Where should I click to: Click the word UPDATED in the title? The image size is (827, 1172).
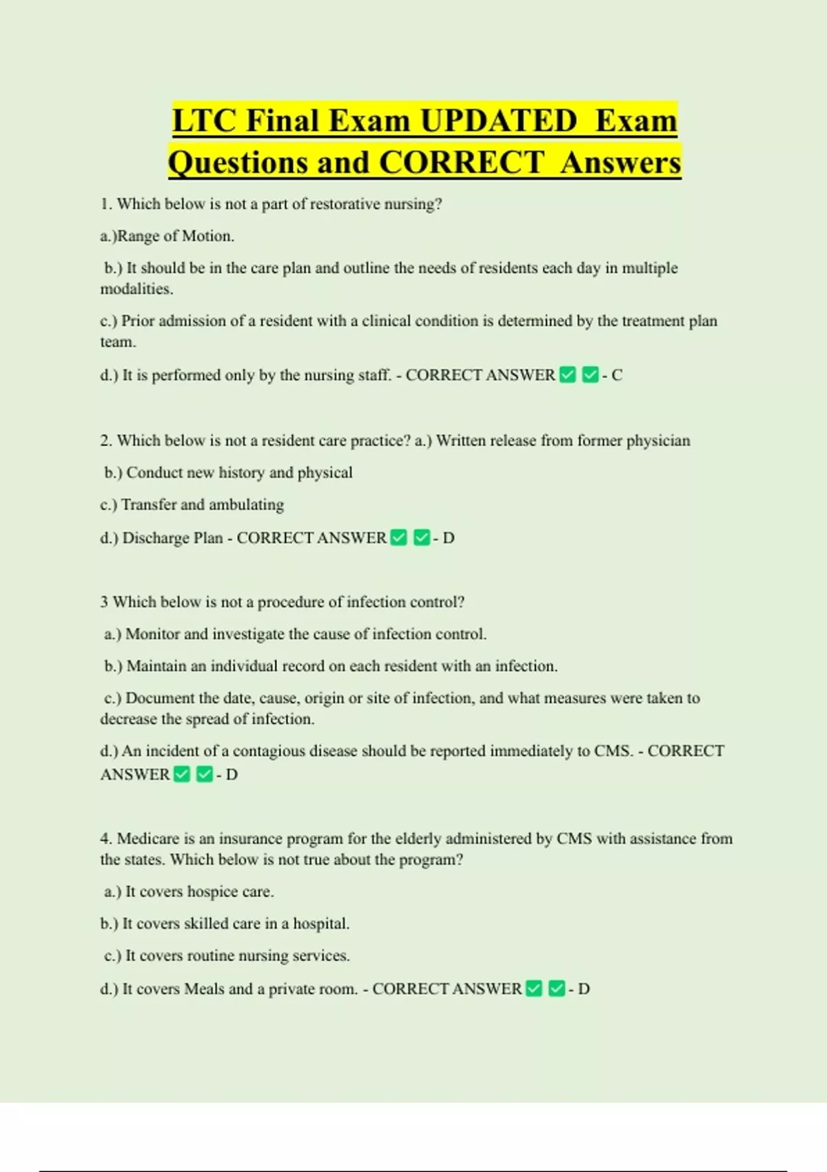498,121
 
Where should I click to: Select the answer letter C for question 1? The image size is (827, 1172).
617,375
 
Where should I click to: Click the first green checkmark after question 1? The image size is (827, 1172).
568,375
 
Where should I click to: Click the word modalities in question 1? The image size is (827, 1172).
136,289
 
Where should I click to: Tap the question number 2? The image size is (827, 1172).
105,441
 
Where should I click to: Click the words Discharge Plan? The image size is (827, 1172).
172,538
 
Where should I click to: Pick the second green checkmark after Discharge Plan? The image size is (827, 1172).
422,538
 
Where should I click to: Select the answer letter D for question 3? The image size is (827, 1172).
232,775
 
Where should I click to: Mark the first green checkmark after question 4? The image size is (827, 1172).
534,989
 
